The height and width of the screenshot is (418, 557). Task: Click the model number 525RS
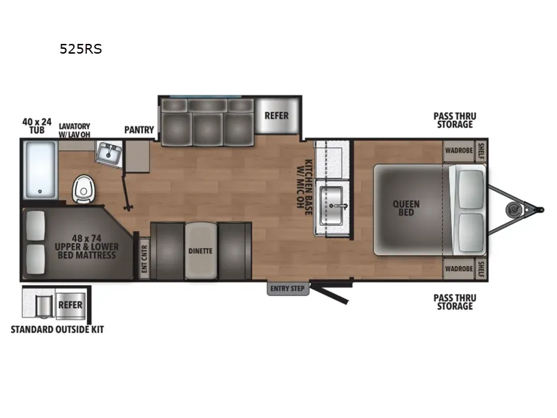point(81,49)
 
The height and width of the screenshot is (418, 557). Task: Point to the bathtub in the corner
point(40,169)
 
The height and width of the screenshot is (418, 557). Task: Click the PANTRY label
point(139,130)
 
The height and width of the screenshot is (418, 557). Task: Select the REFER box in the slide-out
point(276,116)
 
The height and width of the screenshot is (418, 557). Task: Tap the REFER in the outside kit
point(70,305)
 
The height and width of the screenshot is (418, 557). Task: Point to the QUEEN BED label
point(407,208)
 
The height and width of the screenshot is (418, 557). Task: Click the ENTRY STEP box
point(288,288)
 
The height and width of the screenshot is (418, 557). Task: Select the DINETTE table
point(200,251)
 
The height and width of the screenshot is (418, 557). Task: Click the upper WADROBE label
point(460,149)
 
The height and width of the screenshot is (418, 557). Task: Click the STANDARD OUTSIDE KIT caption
point(57,329)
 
